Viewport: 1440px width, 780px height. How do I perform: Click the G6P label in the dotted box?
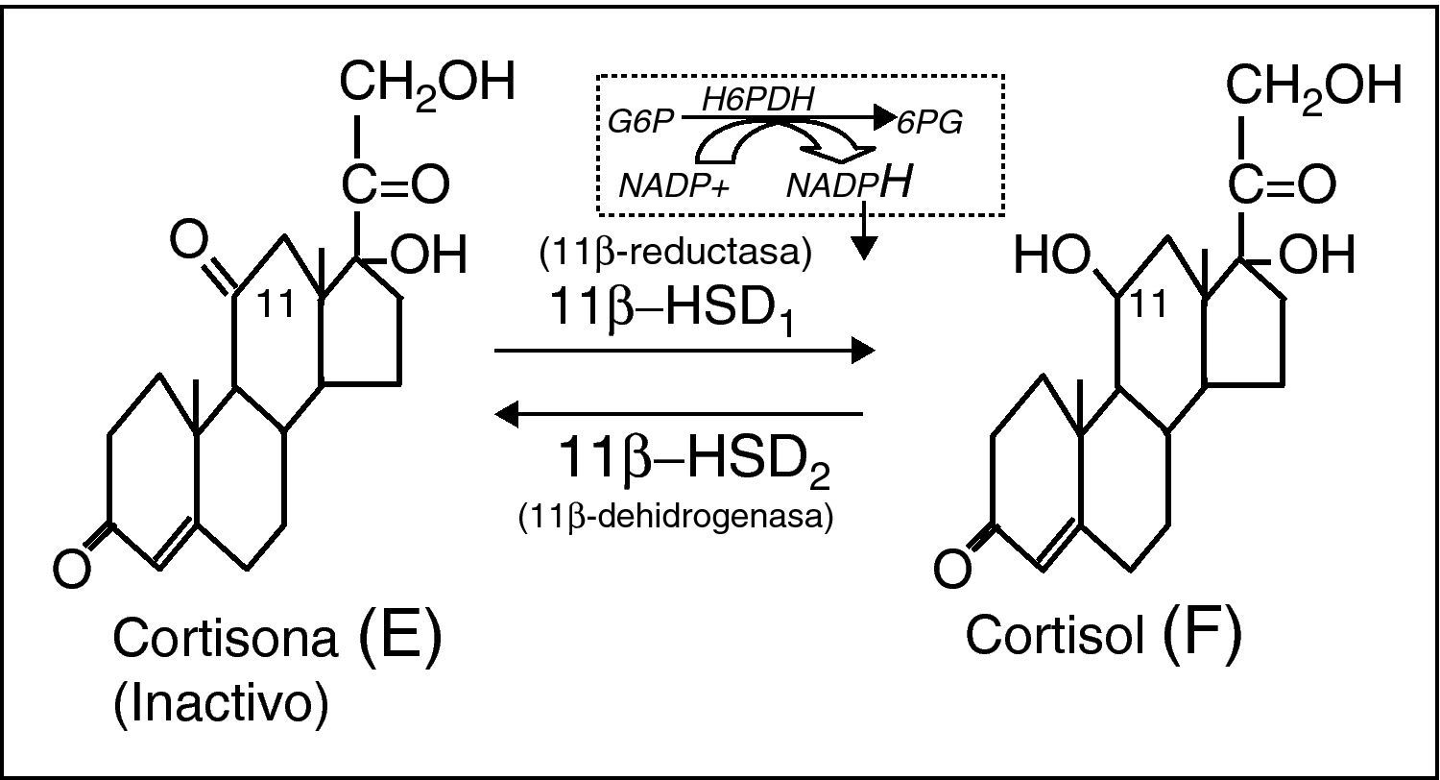pos(641,122)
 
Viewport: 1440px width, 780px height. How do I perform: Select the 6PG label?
pos(929,123)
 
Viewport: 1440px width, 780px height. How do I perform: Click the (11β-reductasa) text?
pos(677,254)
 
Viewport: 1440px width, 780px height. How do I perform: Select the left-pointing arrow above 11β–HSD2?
pos(679,414)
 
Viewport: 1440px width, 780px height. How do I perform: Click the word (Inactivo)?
pos(220,704)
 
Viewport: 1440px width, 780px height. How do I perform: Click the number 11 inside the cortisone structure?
pos(279,307)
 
